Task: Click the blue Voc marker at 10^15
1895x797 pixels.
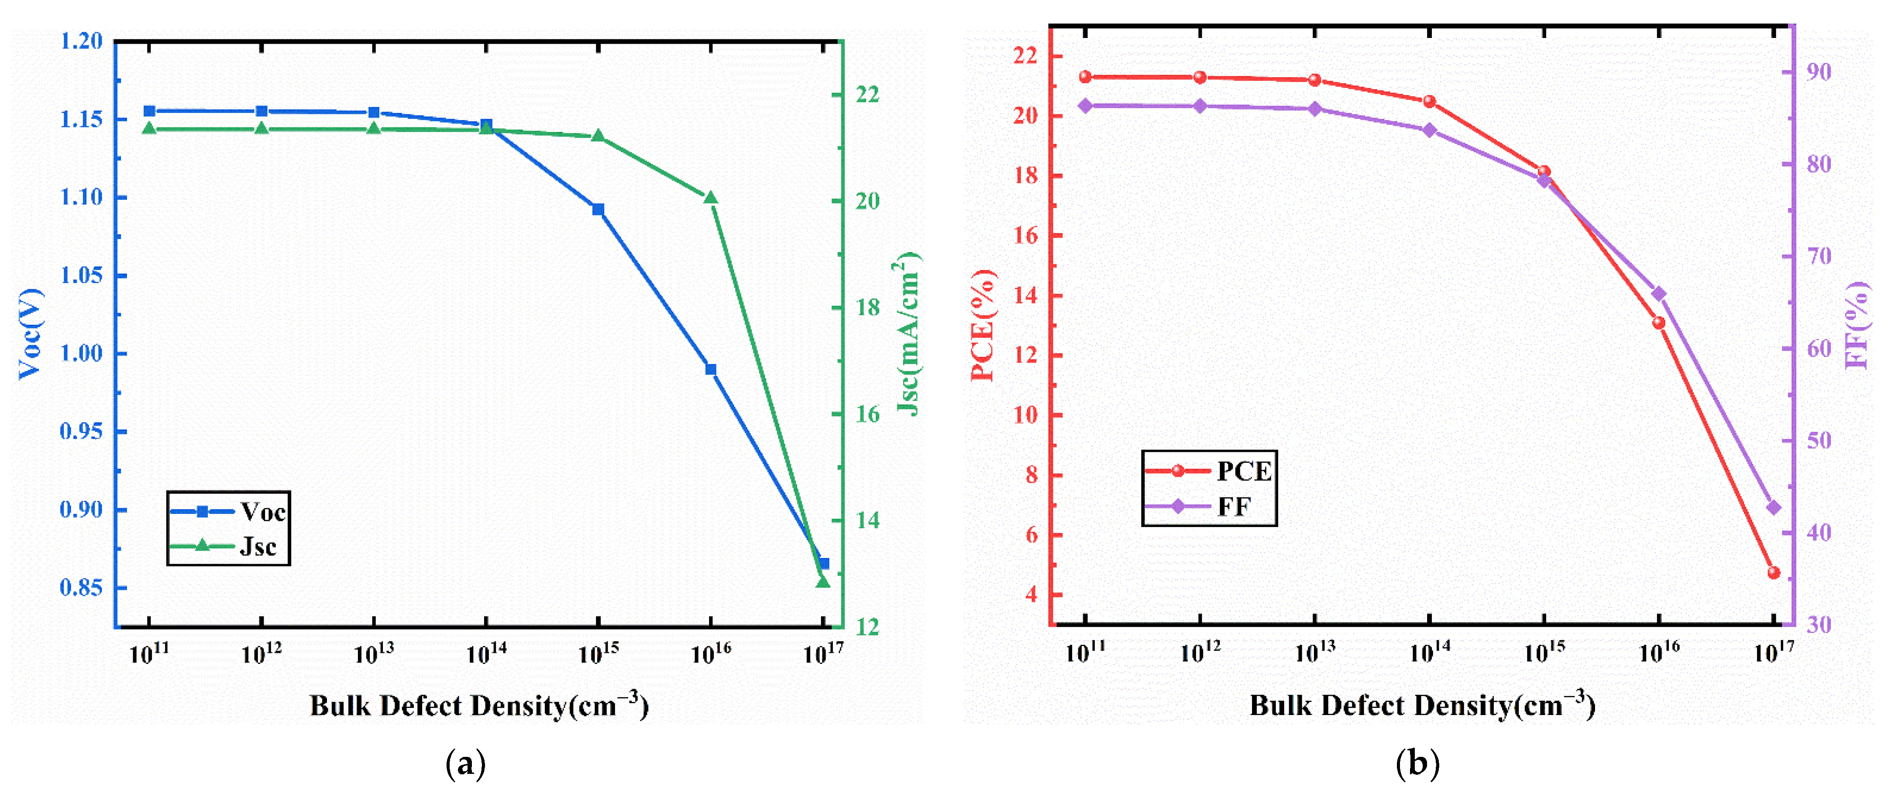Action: point(598,209)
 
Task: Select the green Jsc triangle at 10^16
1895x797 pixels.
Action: point(711,198)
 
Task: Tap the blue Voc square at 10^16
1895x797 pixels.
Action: point(711,369)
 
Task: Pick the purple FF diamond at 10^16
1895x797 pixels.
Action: point(1659,293)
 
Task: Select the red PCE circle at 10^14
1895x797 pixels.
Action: point(1429,102)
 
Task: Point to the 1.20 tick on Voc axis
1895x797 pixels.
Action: point(81,41)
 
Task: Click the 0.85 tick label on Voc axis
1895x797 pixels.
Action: point(81,588)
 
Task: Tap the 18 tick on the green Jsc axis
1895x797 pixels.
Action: point(868,308)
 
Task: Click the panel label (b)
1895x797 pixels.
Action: point(1417,765)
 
